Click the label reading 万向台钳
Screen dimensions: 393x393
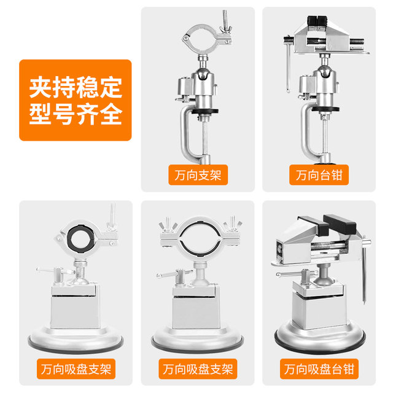pos(319,176)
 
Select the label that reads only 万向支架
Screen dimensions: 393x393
pos(198,176)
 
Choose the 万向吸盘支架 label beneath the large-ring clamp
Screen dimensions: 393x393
pos(198,370)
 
